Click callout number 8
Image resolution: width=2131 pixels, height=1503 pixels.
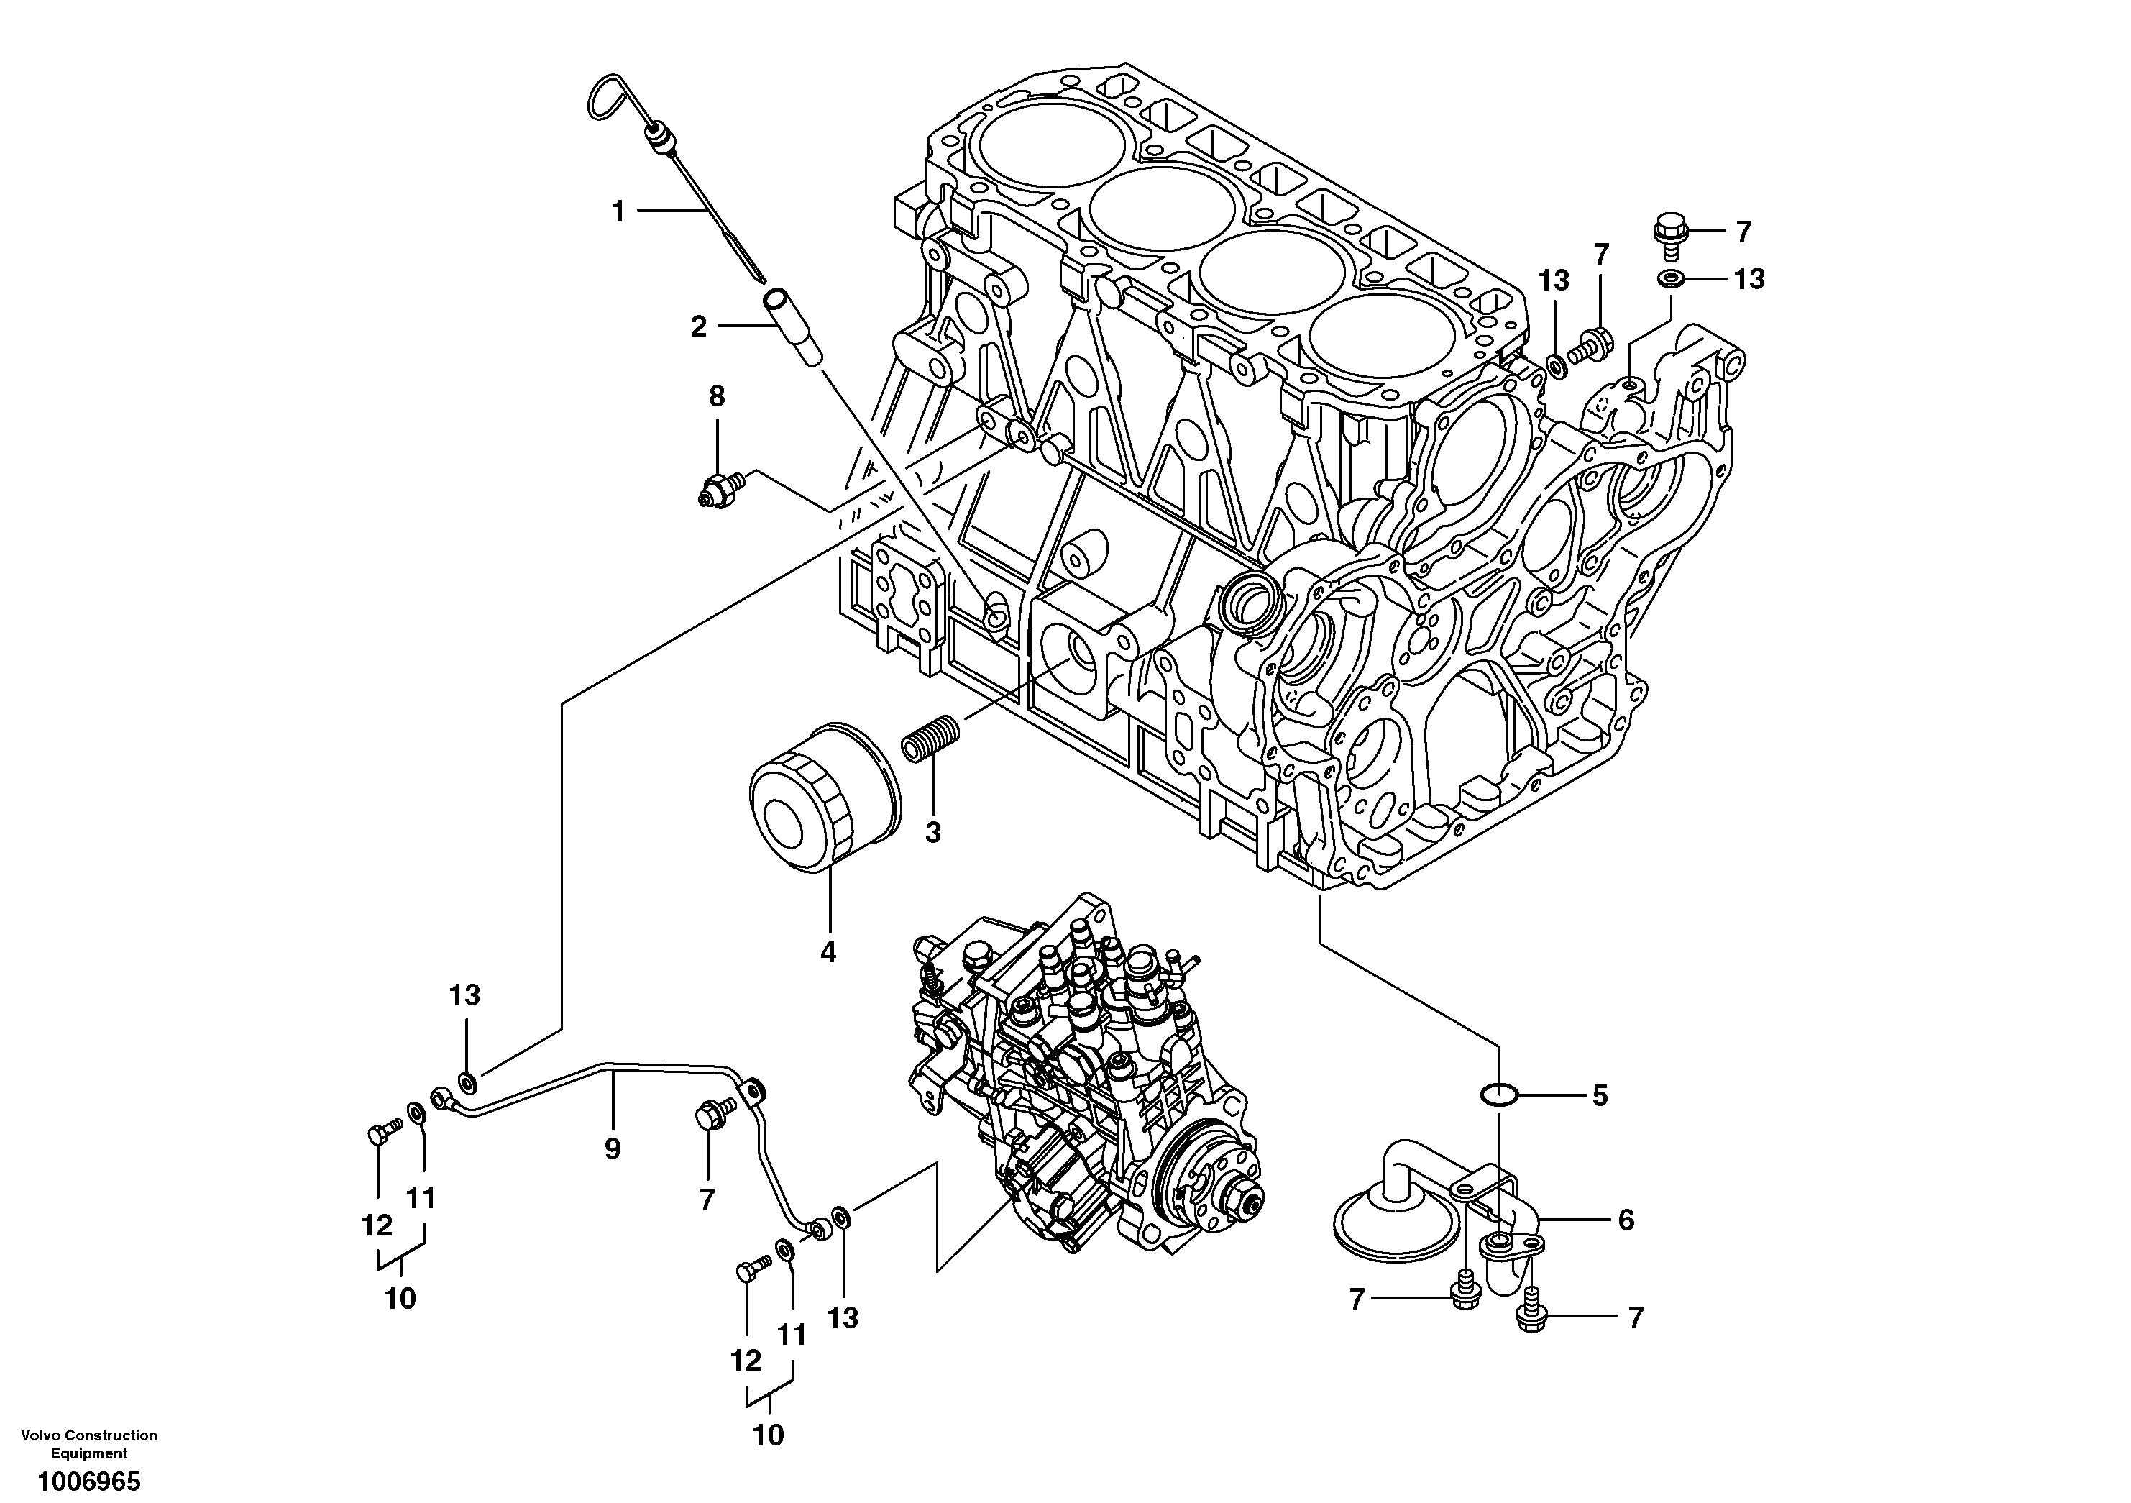pos(717,398)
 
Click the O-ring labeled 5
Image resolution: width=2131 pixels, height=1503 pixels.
pos(1499,1095)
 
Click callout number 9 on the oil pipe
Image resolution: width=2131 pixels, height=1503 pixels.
pos(613,1149)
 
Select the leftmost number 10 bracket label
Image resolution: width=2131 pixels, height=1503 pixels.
pos(401,1298)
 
